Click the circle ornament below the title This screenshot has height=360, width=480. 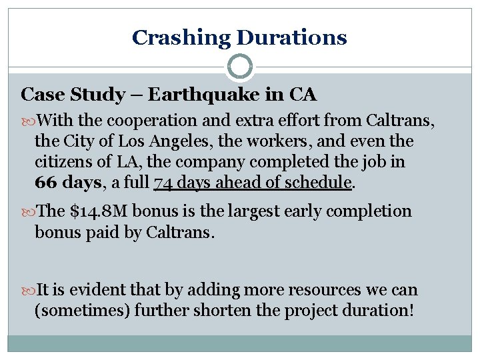pos(239,67)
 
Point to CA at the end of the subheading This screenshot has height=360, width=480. pos(303,95)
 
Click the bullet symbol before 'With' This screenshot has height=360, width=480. pos(27,121)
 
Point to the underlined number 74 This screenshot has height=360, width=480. pos(163,183)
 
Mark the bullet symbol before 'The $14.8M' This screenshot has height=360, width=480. pos(27,212)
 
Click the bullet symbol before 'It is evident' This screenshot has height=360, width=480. pos(27,291)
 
